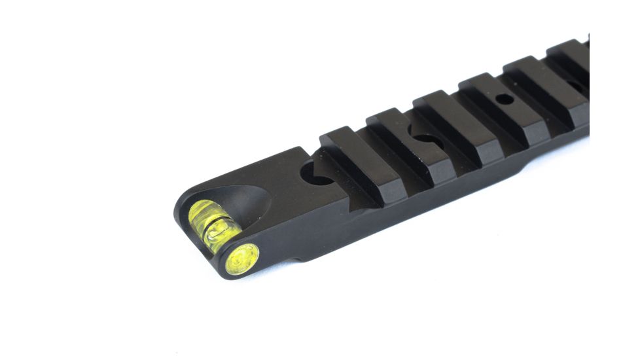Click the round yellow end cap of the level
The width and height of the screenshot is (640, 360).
point(242,259)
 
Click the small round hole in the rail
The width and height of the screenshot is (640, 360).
point(504,100)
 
